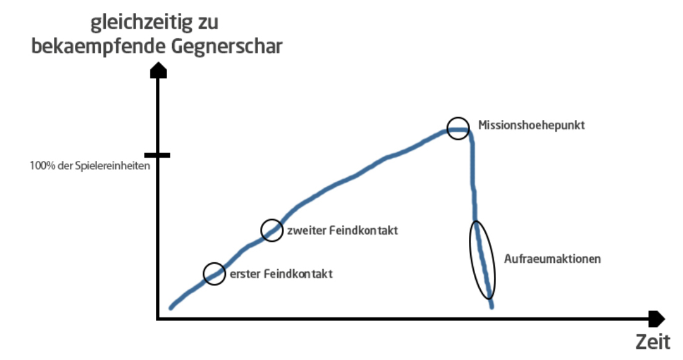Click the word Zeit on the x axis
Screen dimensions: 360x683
coord(653,341)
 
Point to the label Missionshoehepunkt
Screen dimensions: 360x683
coord(531,125)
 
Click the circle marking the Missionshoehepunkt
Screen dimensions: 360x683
coord(458,128)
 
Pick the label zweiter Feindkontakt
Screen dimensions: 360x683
coord(341,231)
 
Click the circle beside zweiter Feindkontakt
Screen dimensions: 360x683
coord(272,230)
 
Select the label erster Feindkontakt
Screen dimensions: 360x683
coord(281,273)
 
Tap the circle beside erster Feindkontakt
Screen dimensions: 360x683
coord(214,273)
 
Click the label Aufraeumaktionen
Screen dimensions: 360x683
coord(552,259)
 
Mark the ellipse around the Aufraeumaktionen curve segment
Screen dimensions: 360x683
coord(483,260)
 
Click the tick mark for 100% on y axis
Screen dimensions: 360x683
coord(158,155)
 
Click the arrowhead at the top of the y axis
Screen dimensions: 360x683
coord(158,71)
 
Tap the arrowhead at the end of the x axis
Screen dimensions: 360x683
coord(657,319)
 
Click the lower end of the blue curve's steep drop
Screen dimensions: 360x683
coord(492,307)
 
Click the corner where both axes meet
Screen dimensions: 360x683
coord(158,319)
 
